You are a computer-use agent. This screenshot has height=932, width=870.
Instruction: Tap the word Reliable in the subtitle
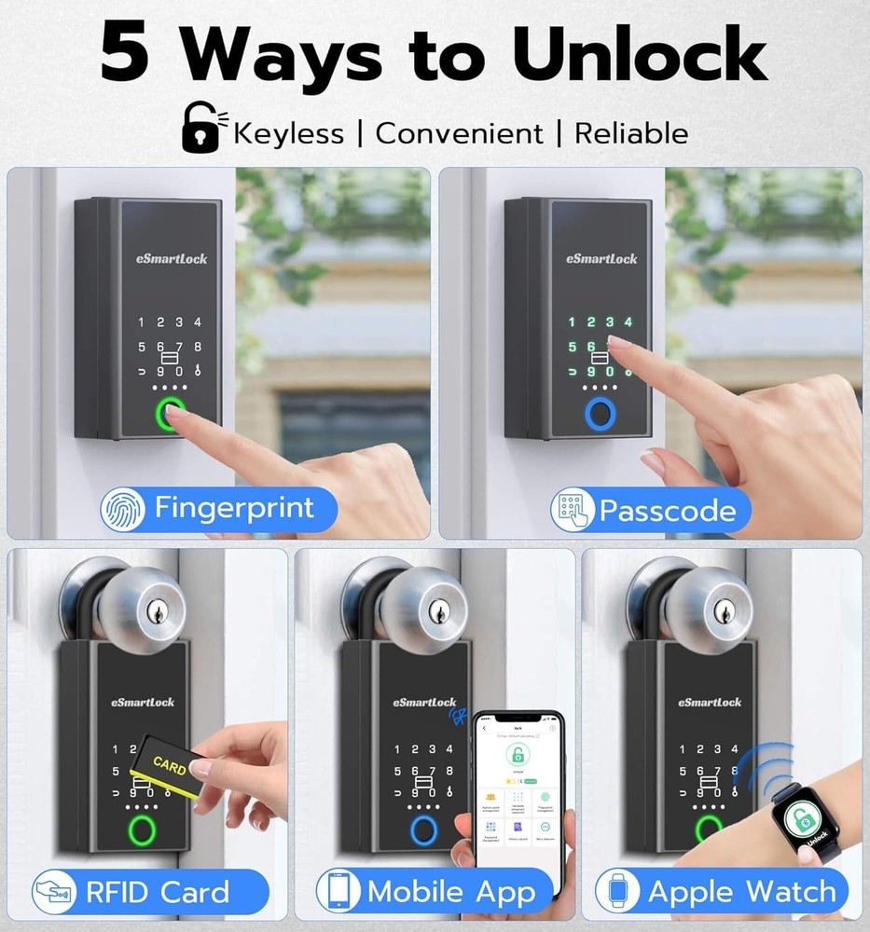[x=630, y=133]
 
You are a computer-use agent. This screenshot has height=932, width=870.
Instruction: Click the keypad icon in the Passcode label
[x=573, y=510]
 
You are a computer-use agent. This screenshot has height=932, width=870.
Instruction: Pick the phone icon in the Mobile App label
[x=338, y=891]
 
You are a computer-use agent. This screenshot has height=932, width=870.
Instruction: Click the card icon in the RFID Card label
[x=54, y=891]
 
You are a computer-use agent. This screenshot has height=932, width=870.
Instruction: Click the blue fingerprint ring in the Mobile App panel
[x=425, y=828]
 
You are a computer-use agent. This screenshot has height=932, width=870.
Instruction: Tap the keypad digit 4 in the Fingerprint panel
[x=198, y=322]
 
